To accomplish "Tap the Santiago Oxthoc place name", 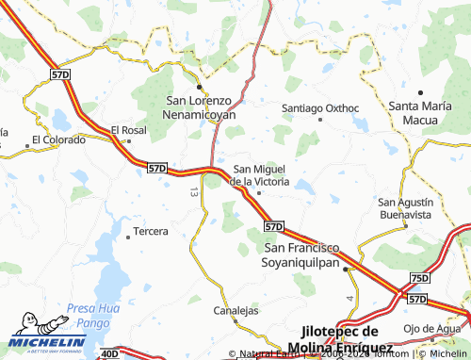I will pyautogui.click(x=321, y=108).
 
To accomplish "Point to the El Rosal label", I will pyautogui.click(x=128, y=130).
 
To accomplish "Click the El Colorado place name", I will pyautogui.click(x=58, y=140).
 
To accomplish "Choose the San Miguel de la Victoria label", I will pyautogui.click(x=261, y=174).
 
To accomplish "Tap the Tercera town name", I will pyautogui.click(x=151, y=231).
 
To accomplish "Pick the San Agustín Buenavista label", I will pyautogui.click(x=405, y=208).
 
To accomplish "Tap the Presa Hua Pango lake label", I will pyautogui.click(x=92, y=315).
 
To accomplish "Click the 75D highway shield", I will pyautogui.click(x=419, y=278).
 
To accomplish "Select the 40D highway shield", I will pyautogui.click(x=109, y=353).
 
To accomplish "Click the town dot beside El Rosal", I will pyautogui.click(x=128, y=141).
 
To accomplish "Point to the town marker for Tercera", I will pyautogui.click(x=130, y=232).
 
